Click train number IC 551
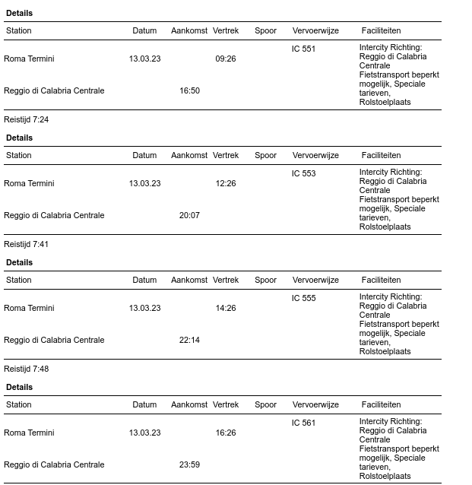(303, 49)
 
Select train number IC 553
(303, 173)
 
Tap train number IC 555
(303, 298)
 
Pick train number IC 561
(303, 423)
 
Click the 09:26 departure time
(226, 59)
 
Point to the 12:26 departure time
(226, 183)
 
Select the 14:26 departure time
(226, 308)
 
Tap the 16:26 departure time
(226, 433)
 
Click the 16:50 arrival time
(189, 90)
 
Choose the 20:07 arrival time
(189, 215)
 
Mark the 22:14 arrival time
(189, 340)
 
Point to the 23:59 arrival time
(189, 464)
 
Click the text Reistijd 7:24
(26, 119)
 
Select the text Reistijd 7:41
(26, 244)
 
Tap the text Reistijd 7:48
(26, 369)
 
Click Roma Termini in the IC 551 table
(29, 59)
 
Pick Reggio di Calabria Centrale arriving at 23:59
(54, 464)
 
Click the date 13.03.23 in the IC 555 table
(144, 308)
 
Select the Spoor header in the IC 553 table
(265, 155)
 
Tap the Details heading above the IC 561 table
(19, 387)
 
